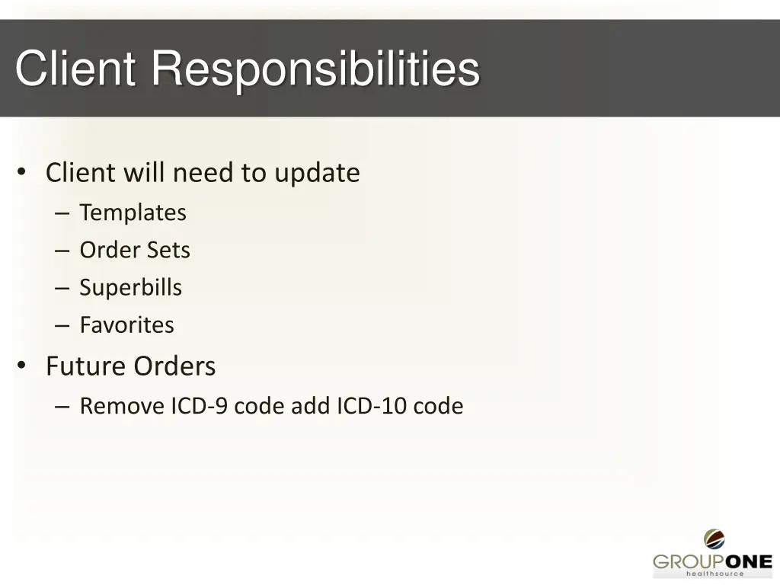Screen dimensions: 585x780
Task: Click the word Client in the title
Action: point(75,69)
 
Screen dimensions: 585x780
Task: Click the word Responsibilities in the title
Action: point(315,69)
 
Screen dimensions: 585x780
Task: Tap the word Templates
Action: point(133,213)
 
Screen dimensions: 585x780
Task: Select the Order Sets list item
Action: point(135,250)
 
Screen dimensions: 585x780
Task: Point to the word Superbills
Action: point(131,287)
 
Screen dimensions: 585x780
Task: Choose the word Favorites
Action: point(126,324)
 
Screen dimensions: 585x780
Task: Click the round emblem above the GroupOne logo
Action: point(714,539)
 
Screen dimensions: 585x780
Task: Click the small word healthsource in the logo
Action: point(714,574)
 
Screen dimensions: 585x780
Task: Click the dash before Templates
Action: point(62,213)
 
